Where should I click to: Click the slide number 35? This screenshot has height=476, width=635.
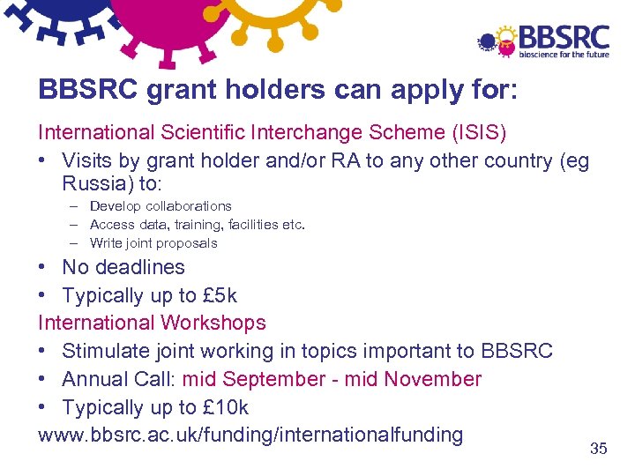pyautogui.click(x=598, y=449)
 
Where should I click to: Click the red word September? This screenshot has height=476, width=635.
pyautogui.click(x=274, y=379)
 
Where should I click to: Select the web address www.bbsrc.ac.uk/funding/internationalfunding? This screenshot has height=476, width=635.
pyautogui.click(x=250, y=435)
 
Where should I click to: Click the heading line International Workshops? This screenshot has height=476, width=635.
pyautogui.click(x=152, y=324)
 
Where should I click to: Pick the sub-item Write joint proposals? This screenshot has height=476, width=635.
pyautogui.click(x=153, y=243)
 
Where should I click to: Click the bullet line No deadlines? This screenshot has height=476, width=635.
pyautogui.click(x=123, y=267)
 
